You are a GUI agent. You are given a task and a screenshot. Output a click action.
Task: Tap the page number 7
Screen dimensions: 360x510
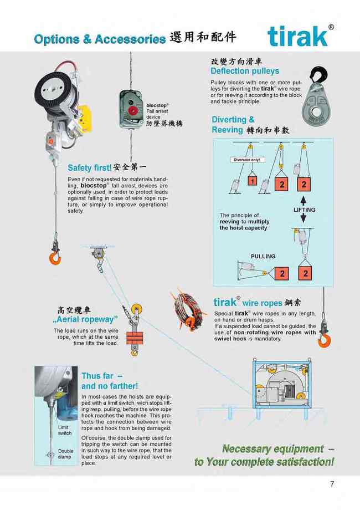point(332,483)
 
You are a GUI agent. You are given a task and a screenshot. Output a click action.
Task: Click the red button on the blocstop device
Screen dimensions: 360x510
point(132,110)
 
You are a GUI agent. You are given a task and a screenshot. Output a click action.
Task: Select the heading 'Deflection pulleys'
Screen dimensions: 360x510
point(245,71)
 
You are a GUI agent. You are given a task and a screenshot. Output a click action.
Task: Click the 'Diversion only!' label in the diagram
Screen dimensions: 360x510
point(247,160)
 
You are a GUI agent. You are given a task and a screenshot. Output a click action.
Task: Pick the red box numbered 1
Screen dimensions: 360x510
point(253,181)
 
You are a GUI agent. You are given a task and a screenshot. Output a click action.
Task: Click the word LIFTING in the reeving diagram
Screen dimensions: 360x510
point(305,210)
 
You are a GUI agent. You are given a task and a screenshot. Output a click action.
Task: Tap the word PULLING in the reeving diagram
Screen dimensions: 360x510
point(263,256)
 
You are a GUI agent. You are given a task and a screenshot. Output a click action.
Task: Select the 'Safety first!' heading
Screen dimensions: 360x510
point(90,168)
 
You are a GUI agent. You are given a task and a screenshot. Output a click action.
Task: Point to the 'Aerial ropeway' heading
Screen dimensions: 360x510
point(85,319)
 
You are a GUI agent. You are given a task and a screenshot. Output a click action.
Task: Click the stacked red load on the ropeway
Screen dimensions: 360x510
point(135,338)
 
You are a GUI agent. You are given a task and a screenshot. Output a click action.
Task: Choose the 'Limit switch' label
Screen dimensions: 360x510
point(64,430)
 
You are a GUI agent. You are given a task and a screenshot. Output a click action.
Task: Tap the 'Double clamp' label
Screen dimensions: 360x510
point(66,453)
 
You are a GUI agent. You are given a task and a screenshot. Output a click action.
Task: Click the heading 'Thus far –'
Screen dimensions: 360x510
point(102,376)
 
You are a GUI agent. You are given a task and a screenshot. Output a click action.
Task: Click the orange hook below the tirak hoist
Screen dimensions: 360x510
point(55,258)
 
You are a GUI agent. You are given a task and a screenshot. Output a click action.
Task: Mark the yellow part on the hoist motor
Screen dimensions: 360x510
point(85,119)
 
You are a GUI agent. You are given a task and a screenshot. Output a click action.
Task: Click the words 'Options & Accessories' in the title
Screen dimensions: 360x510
point(100,39)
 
